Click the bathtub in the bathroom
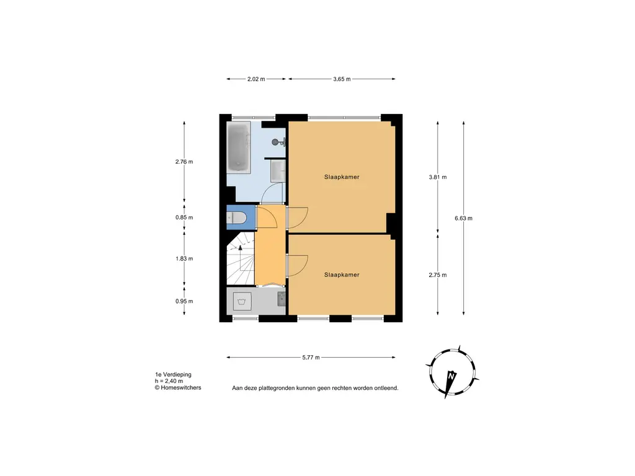(238, 148)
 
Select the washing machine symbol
(241, 302)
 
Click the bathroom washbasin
(278, 172)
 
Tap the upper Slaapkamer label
(342, 177)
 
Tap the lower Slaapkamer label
(342, 275)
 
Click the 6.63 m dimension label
(463, 218)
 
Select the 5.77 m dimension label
(310, 358)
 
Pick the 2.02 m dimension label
(256, 79)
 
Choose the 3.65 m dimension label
(342, 79)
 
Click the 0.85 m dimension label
(184, 218)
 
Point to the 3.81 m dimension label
(438, 177)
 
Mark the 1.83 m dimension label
(184, 258)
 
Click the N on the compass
(452, 376)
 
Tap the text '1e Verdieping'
(173, 375)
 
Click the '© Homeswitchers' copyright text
(178, 388)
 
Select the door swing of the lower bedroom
(296, 265)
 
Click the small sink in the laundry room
(281, 300)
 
